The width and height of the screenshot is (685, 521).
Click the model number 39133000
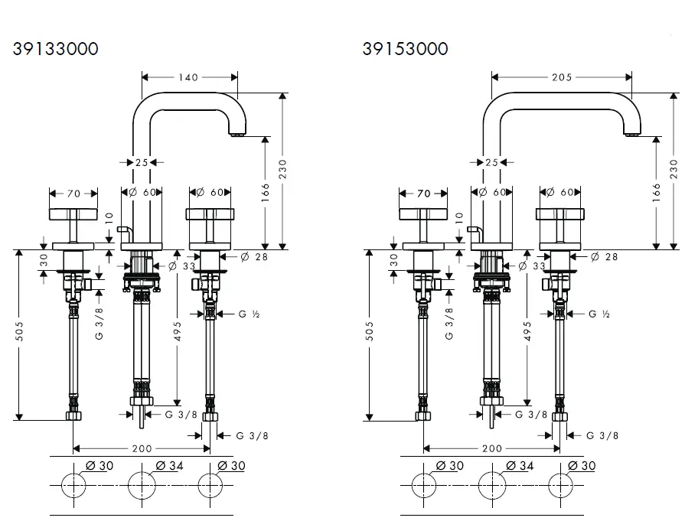[56, 49]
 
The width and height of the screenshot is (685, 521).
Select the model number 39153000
[406, 49]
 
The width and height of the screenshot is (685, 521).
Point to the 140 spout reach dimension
[189, 77]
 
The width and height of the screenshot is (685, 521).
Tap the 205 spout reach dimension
[563, 77]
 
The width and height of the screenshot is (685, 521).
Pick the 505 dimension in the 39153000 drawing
[370, 331]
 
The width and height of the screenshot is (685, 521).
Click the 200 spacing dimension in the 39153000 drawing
[492, 449]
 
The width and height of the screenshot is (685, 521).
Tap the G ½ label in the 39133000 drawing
[244, 314]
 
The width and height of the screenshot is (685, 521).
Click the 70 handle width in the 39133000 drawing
[73, 194]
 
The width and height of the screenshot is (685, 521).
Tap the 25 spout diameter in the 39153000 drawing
[491, 162]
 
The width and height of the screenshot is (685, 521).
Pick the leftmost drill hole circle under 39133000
[73, 485]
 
